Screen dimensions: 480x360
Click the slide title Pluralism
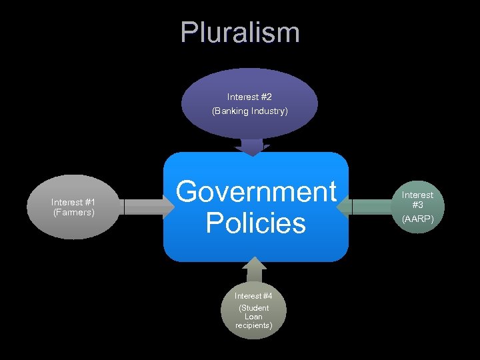pos(240,33)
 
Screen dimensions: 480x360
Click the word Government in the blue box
pos(256,191)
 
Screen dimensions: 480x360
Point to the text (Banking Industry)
pos(250,111)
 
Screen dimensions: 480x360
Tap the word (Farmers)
pos(73,213)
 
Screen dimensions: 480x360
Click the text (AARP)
pos(418,219)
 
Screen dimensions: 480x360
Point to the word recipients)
pos(253,326)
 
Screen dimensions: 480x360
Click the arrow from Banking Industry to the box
pos(253,147)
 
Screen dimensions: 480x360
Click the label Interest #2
pos(250,97)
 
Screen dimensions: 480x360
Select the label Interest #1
pos(73,202)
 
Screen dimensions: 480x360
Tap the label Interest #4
pos(253,296)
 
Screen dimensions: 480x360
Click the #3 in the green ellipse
pos(418,206)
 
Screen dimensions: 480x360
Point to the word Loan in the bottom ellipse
pos(253,317)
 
